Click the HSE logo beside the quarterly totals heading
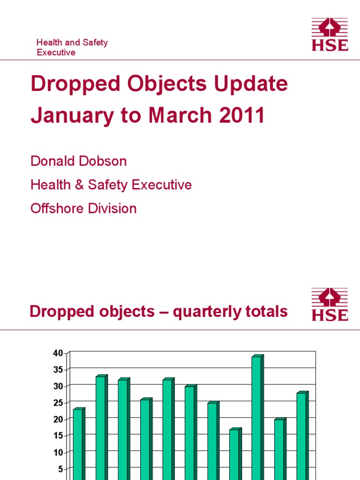pyautogui.click(x=330, y=304)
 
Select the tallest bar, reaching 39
pyautogui.click(x=256, y=417)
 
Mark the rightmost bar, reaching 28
pyautogui.click(x=301, y=436)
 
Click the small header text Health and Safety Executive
pyautogui.click(x=72, y=47)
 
